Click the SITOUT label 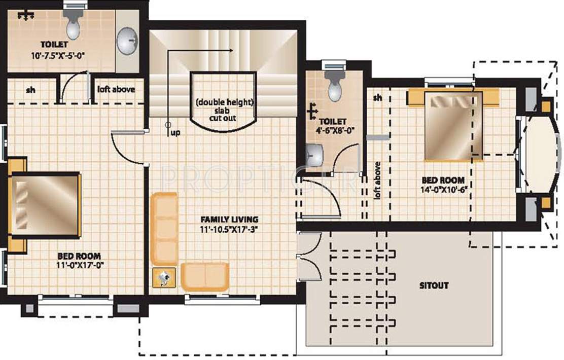[434, 285]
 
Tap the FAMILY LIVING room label [229, 220]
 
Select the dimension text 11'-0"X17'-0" [79, 265]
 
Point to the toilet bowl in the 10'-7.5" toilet [73, 27]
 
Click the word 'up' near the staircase [175, 133]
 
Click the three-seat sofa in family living [164, 228]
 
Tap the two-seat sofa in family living [205, 276]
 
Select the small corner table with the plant [164, 278]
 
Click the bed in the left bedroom [46, 205]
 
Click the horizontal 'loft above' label [116, 89]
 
